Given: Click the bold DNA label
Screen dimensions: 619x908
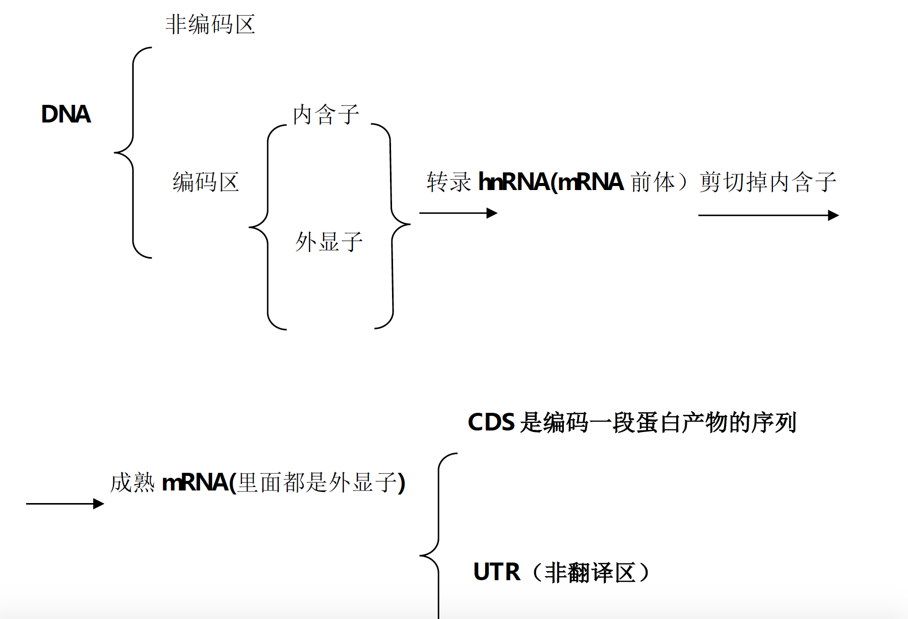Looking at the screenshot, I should point(66,114).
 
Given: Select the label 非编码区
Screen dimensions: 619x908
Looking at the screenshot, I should point(210,25).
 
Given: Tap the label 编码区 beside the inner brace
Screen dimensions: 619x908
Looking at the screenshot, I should point(206,182).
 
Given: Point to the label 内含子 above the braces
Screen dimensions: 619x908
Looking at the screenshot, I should point(326,114).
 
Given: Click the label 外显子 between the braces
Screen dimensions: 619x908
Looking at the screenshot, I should point(329,242).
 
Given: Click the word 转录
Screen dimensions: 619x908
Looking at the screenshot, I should point(448,182).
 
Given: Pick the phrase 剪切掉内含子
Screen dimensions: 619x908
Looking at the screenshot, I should point(767,182).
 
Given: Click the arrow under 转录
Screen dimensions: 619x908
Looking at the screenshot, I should point(458,213).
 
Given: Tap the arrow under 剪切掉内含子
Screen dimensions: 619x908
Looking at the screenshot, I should point(768,215).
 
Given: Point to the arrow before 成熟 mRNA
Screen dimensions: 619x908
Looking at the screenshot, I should point(64,504).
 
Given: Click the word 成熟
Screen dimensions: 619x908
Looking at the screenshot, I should point(132,483).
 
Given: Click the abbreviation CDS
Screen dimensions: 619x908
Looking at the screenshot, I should point(491,422).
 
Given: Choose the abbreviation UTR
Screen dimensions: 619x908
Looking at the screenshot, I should point(496,572).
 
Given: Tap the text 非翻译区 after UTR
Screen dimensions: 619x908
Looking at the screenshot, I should point(590,573).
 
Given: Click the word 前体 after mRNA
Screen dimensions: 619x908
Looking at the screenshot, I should point(653,182).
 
